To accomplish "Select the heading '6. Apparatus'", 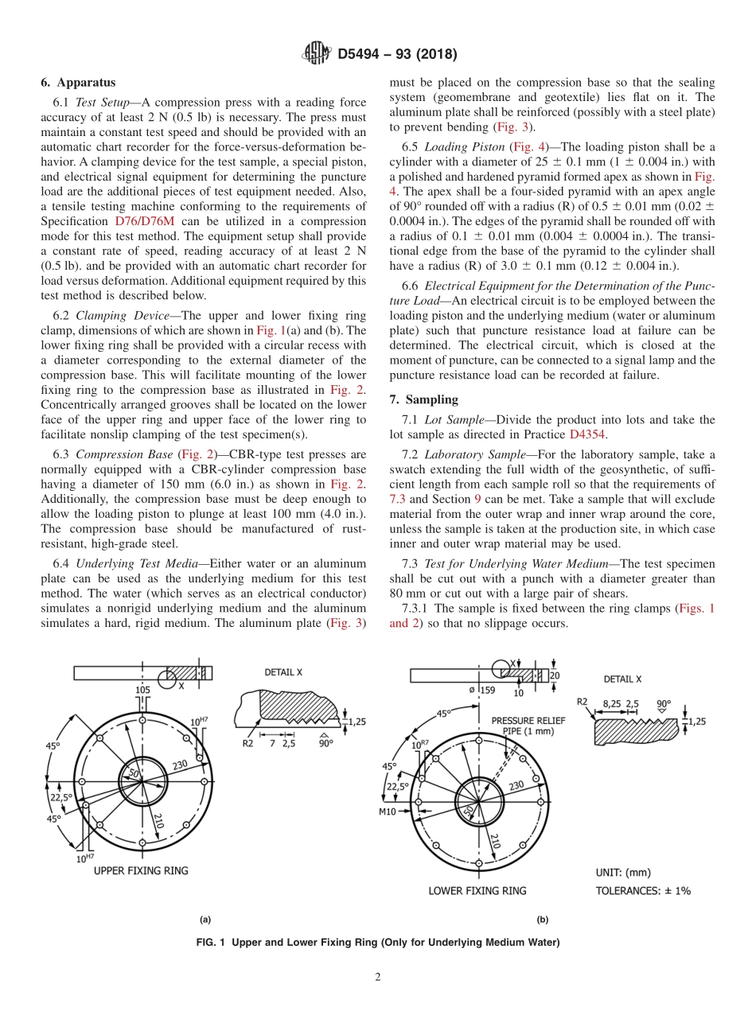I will pos(78,82).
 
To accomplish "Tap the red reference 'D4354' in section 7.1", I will pos(586,434).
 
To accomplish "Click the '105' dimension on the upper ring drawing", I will pos(142,690).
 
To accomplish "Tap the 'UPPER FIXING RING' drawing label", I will pos(141,870).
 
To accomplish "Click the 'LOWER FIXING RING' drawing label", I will pos(477,890).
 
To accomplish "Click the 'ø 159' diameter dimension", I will pos(481,690).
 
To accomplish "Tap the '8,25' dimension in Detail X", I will pos(612,703).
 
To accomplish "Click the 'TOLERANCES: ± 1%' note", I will pos(643,890).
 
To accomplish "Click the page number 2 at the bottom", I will pos(378,977).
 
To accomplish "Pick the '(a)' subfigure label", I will pos(205,920).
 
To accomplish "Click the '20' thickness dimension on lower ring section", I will pos(554,675).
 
